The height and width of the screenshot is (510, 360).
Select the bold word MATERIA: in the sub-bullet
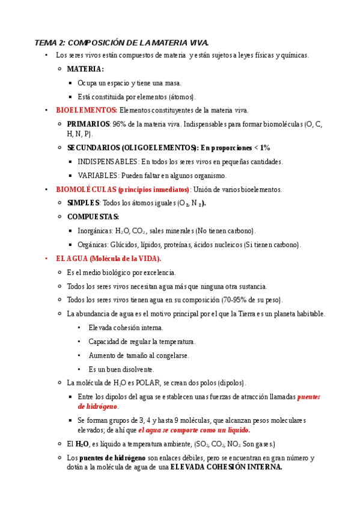tap(85, 69)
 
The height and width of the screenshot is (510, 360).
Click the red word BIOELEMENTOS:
tap(87, 110)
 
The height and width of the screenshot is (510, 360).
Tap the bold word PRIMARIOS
tap(88, 124)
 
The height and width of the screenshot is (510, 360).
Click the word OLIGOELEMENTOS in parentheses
tap(159, 147)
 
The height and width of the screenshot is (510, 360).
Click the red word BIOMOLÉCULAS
tap(86, 189)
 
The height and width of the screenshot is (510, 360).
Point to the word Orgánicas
tap(93, 245)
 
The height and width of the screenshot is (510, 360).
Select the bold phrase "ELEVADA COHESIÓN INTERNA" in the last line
tap(227, 467)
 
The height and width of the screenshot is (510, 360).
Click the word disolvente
tap(139, 369)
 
